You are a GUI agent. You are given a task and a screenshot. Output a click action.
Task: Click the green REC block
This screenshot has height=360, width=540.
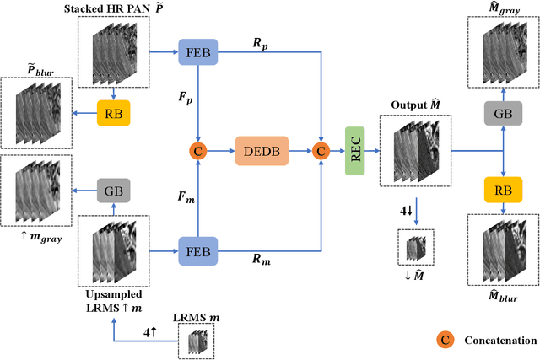357,152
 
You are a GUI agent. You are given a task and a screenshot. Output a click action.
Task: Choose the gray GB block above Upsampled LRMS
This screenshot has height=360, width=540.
112,191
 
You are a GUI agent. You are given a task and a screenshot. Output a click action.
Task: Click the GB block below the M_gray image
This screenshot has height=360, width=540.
503,111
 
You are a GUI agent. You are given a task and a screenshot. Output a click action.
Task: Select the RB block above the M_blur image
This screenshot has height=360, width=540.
503,191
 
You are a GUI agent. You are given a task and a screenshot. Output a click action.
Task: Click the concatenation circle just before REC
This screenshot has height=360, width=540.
321,152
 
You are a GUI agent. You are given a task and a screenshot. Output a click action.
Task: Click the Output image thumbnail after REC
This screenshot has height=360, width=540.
414,152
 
